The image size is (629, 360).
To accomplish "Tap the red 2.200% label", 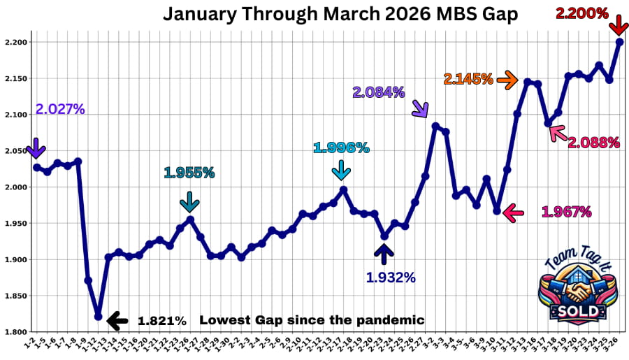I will (x=581, y=13).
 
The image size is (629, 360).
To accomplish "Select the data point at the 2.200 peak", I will (x=619, y=42).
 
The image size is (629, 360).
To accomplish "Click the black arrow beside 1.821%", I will (x=117, y=321).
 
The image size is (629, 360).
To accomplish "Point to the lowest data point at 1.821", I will (x=99, y=317).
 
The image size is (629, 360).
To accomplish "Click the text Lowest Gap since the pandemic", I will (x=312, y=320).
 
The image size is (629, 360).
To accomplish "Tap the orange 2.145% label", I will (x=468, y=79).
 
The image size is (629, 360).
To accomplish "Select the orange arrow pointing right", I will (x=507, y=80).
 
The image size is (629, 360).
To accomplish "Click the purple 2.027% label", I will (x=61, y=109).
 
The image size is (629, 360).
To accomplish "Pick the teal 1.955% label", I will (x=189, y=172).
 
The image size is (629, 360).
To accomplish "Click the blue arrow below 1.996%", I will (x=341, y=169).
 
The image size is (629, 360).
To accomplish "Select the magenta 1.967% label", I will (x=567, y=211).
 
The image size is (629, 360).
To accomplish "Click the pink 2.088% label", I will (x=593, y=143).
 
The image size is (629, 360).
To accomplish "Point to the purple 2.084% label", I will (x=378, y=92).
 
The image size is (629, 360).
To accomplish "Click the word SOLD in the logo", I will (x=574, y=310).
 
